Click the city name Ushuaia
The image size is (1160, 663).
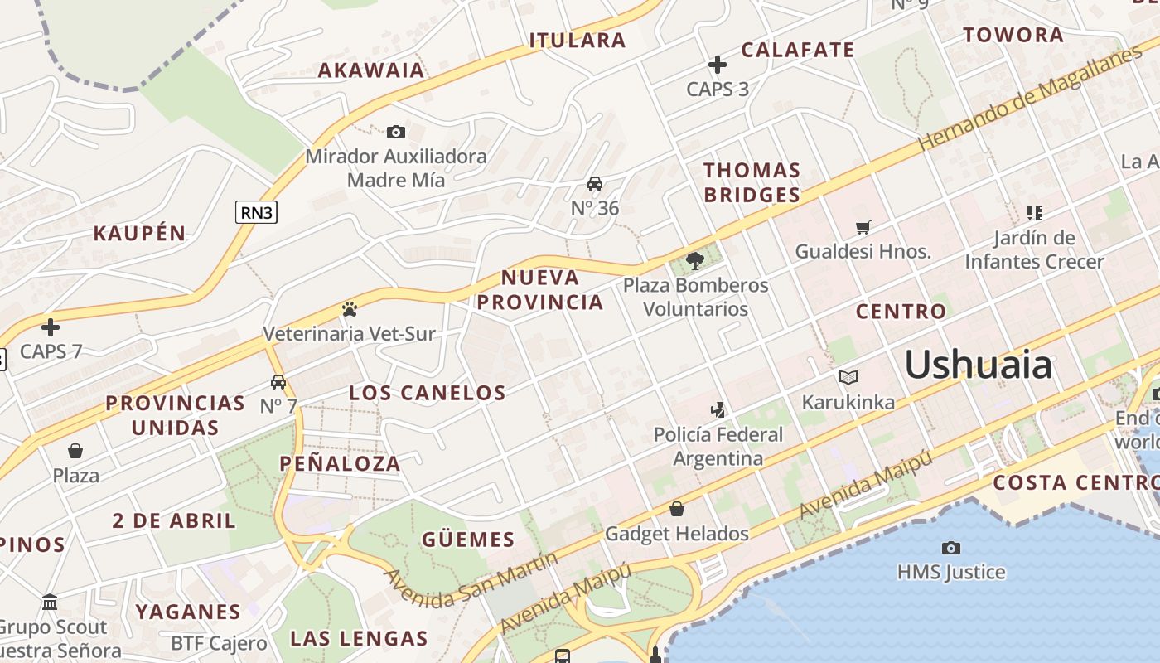coord(978,365)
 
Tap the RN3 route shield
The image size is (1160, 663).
coord(256,213)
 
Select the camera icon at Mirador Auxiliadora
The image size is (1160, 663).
coord(396,132)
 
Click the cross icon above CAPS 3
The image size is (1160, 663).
coord(718,65)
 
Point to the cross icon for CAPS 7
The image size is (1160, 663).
coord(51,327)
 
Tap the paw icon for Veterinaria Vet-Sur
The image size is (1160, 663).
coord(350,309)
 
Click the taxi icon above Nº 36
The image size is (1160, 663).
coord(594,184)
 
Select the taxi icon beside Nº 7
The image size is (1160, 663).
coord(278,382)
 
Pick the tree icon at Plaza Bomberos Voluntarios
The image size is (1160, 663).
coord(695,261)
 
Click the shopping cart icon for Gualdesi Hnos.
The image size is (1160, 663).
coord(863,227)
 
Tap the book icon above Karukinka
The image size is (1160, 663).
coord(848,378)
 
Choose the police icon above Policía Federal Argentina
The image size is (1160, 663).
coord(718,409)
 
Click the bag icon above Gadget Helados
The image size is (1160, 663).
coord(677,509)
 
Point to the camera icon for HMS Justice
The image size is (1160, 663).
coord(951,548)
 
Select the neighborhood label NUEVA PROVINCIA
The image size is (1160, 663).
coord(539,289)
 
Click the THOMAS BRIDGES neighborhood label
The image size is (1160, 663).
coord(752,182)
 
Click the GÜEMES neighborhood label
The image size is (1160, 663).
coord(468,540)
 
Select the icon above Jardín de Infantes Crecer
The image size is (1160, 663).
coord(1034,213)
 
